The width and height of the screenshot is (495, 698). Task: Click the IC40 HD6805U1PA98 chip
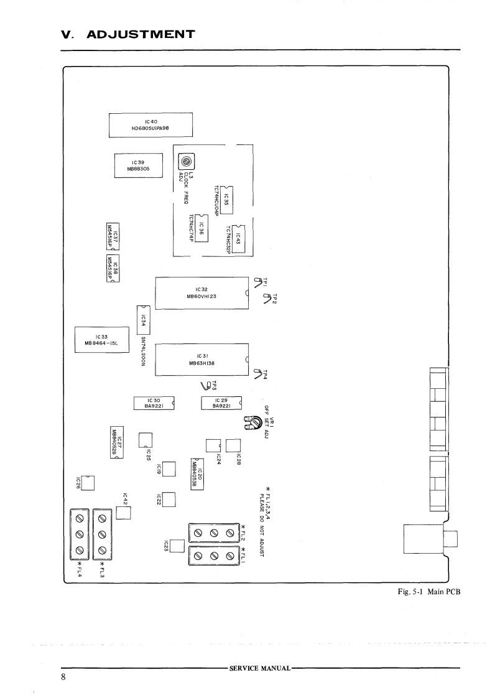pos(150,124)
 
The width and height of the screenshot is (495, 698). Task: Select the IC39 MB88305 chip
pos(137,165)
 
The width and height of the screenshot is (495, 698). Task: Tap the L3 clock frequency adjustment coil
pos(185,164)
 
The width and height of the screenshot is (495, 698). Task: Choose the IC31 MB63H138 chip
pos(201,360)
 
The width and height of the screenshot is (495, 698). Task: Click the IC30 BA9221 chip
pos(154,403)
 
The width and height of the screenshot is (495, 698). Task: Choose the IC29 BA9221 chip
pos(221,403)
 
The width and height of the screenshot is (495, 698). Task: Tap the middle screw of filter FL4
pos(80,534)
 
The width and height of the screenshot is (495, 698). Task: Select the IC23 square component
pos(177,546)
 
